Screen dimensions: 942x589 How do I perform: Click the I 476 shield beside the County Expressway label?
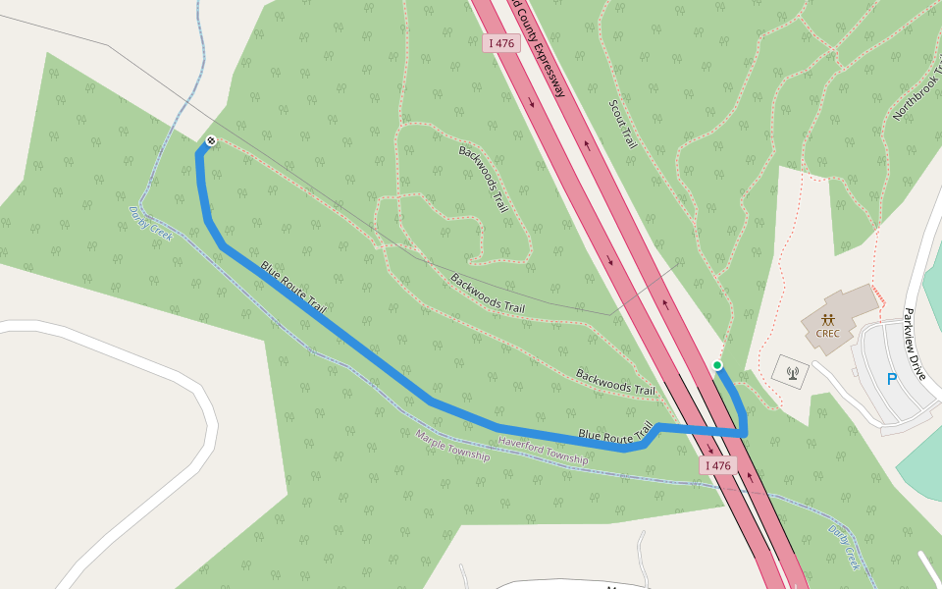click(x=500, y=43)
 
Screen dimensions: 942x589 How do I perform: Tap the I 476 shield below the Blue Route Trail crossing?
click(x=717, y=465)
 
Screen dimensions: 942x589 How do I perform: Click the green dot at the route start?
click(x=717, y=365)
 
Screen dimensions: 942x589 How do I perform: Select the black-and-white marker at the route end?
click(x=210, y=141)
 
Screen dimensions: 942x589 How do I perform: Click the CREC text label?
click(x=828, y=332)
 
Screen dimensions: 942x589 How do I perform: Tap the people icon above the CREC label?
click(x=828, y=319)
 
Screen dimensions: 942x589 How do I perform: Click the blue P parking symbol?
click(x=892, y=379)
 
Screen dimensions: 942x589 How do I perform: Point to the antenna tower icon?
click(x=793, y=372)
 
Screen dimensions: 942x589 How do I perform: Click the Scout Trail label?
click(x=623, y=124)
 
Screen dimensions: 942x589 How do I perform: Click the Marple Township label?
click(x=451, y=446)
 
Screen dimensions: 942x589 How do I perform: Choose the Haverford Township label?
click(x=543, y=452)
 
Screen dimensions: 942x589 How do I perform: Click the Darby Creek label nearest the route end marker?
click(x=150, y=223)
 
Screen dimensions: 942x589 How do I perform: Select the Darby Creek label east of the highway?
click(x=844, y=547)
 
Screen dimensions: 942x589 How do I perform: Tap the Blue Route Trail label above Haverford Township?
click(x=615, y=433)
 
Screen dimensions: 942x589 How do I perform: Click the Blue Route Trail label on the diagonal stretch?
click(x=292, y=288)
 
